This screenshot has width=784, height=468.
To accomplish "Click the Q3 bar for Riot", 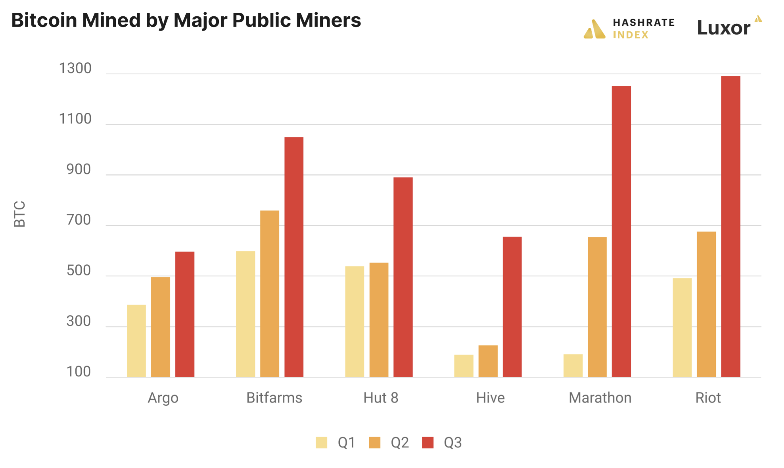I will (730, 226).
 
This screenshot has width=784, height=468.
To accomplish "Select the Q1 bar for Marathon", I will (573, 366).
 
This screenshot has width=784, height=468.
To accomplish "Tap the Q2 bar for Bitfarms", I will (270, 294).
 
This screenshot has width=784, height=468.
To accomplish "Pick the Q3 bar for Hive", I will (512, 307).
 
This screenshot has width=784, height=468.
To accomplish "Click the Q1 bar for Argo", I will (136, 341).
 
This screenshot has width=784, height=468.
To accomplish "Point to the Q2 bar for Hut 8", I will (379, 320).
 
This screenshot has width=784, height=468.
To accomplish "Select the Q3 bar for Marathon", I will (621, 231).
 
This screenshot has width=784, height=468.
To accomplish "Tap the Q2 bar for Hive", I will (488, 361).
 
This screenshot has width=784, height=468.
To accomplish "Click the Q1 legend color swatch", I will (321, 442).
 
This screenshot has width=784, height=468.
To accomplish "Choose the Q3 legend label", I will (452, 442).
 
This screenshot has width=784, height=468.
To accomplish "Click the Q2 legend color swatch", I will (374, 442).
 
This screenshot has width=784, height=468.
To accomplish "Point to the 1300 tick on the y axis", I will (75, 68).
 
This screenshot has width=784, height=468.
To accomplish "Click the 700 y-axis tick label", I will (79, 220).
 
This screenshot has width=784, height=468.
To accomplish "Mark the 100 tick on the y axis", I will (79, 372).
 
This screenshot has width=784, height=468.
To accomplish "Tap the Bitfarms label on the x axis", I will (274, 398).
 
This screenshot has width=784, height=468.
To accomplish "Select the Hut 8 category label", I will (381, 398).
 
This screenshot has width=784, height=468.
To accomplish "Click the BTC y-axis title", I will (19, 214).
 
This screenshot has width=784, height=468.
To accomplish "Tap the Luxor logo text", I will (724, 28).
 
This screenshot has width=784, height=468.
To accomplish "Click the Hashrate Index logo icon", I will (594, 29).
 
